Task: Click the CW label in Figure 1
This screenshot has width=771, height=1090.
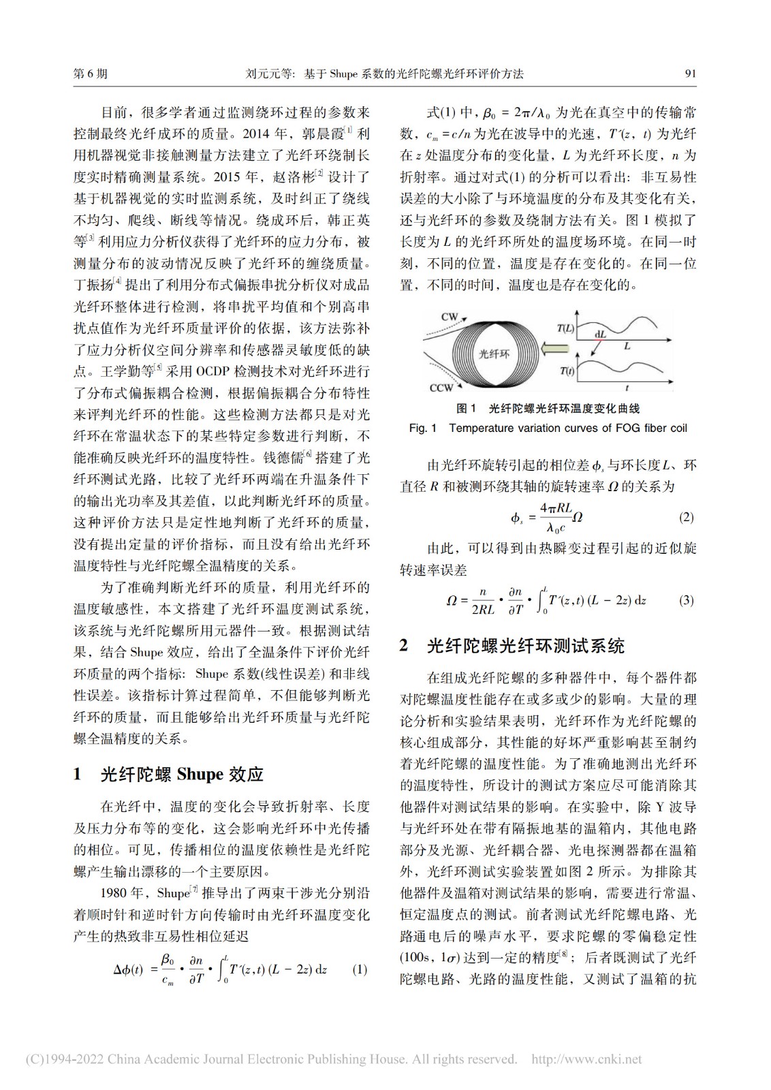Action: pos(450,317)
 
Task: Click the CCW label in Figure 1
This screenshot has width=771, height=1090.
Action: pos(441,388)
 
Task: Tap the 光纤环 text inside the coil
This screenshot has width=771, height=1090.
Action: pos(494,354)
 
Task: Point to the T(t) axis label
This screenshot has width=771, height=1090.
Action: pos(567,371)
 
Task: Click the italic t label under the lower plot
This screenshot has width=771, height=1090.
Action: pos(627,388)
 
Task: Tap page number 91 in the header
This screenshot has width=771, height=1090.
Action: pos(690,74)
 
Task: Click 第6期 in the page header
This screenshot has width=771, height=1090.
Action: pos(90,74)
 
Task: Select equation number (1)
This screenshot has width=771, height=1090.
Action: pos(360,969)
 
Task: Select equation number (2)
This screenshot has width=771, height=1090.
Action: pos(686,517)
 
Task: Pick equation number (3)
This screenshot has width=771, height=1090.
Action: pos(686,600)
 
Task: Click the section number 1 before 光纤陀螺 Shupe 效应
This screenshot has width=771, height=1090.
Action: pos(78,775)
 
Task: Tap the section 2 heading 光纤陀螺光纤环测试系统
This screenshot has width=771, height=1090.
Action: pos(525,646)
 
